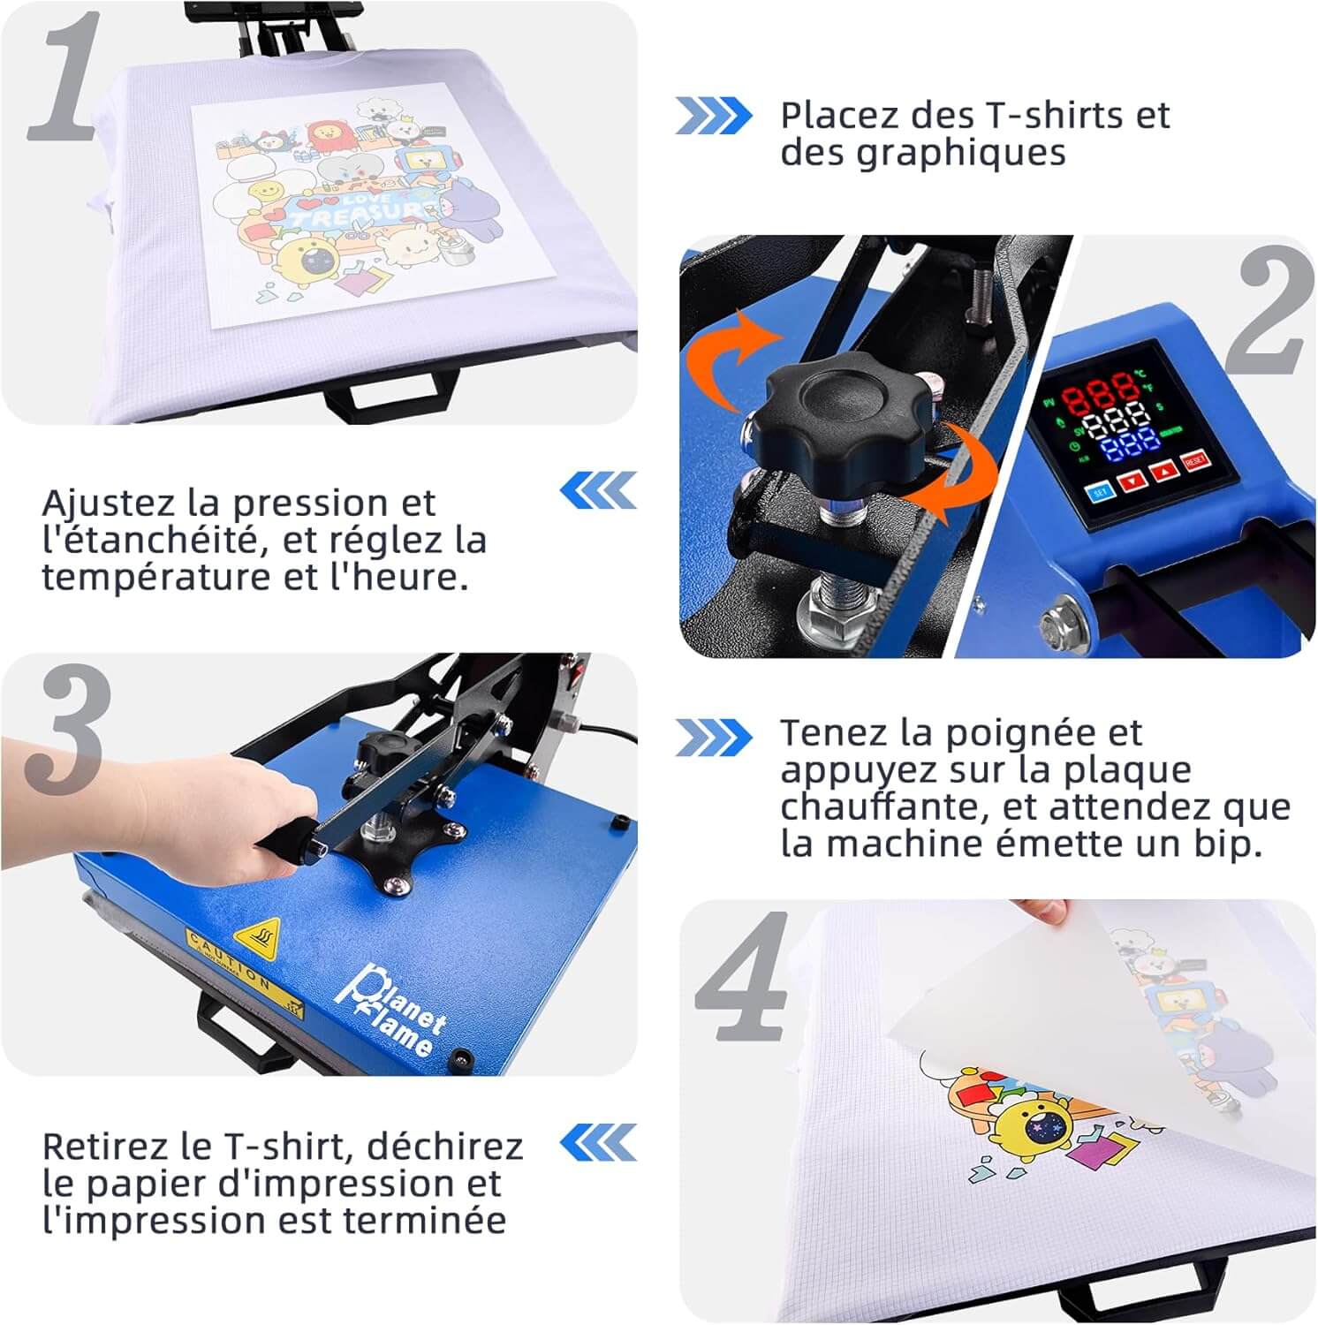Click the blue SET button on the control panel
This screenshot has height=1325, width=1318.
click(x=1101, y=492)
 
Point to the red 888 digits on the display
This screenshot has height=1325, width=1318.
click(x=1099, y=392)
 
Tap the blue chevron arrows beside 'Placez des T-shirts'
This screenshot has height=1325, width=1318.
click(x=713, y=117)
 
